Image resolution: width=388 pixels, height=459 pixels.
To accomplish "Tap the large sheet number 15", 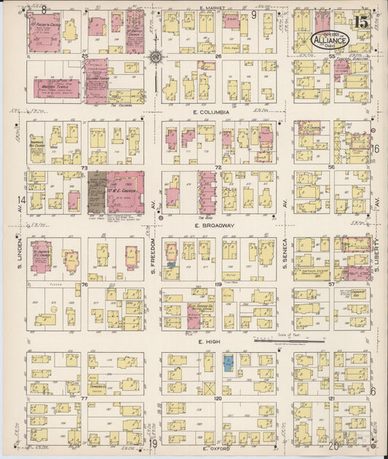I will pos(360,21).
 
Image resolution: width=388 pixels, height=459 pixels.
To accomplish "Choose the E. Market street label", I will pos(211,8).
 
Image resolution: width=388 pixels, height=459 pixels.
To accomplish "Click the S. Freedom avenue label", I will pos(154,254).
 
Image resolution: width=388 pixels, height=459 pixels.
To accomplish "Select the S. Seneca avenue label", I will pos(285,254).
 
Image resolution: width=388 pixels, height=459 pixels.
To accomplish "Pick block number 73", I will pos(84,168).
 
